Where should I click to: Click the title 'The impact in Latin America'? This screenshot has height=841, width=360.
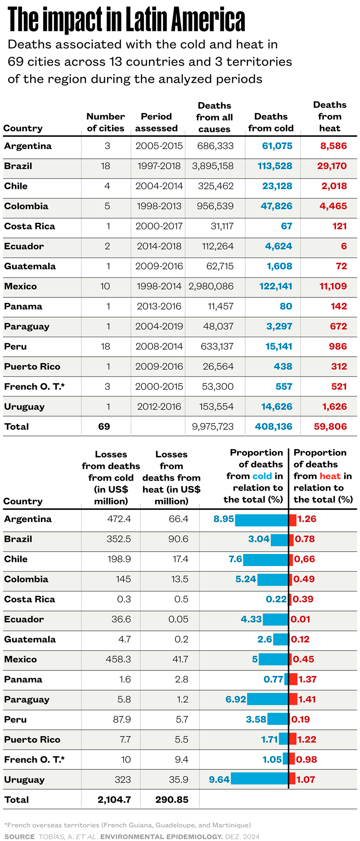pyautogui.click(x=126, y=20)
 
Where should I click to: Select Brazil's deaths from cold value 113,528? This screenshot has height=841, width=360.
pyautogui.click(x=274, y=166)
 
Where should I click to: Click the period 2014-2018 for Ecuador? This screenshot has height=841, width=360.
pyautogui.click(x=159, y=246)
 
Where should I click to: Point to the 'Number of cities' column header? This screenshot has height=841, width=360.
pyautogui.click(x=105, y=122)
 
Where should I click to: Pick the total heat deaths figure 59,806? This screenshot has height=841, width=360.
pyautogui.click(x=330, y=427)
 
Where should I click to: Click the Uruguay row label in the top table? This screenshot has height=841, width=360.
pyautogui.click(x=24, y=407)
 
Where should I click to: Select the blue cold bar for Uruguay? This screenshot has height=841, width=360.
pyautogui.click(x=259, y=779)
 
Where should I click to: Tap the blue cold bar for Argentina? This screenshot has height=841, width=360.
pyautogui.click(x=261, y=519)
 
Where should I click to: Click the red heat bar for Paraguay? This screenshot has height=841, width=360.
pyautogui.click(x=293, y=699)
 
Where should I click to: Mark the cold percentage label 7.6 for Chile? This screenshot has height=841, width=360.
pyautogui.click(x=235, y=559)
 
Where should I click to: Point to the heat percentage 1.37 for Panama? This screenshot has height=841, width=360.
pyautogui.click(x=307, y=679)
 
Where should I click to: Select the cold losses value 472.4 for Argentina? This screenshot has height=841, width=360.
pyautogui.click(x=119, y=519)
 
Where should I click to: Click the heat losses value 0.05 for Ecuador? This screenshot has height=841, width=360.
pyautogui.click(x=178, y=619)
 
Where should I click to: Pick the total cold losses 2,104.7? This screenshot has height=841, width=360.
pyautogui.click(x=114, y=800)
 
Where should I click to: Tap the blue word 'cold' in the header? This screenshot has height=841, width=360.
pyautogui.click(x=262, y=476)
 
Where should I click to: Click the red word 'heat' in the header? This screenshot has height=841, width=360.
pyautogui.click(x=330, y=476)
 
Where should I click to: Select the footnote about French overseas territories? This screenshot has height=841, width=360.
pyautogui.click(x=127, y=825)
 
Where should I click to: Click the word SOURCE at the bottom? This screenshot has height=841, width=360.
pyautogui.click(x=19, y=837)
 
